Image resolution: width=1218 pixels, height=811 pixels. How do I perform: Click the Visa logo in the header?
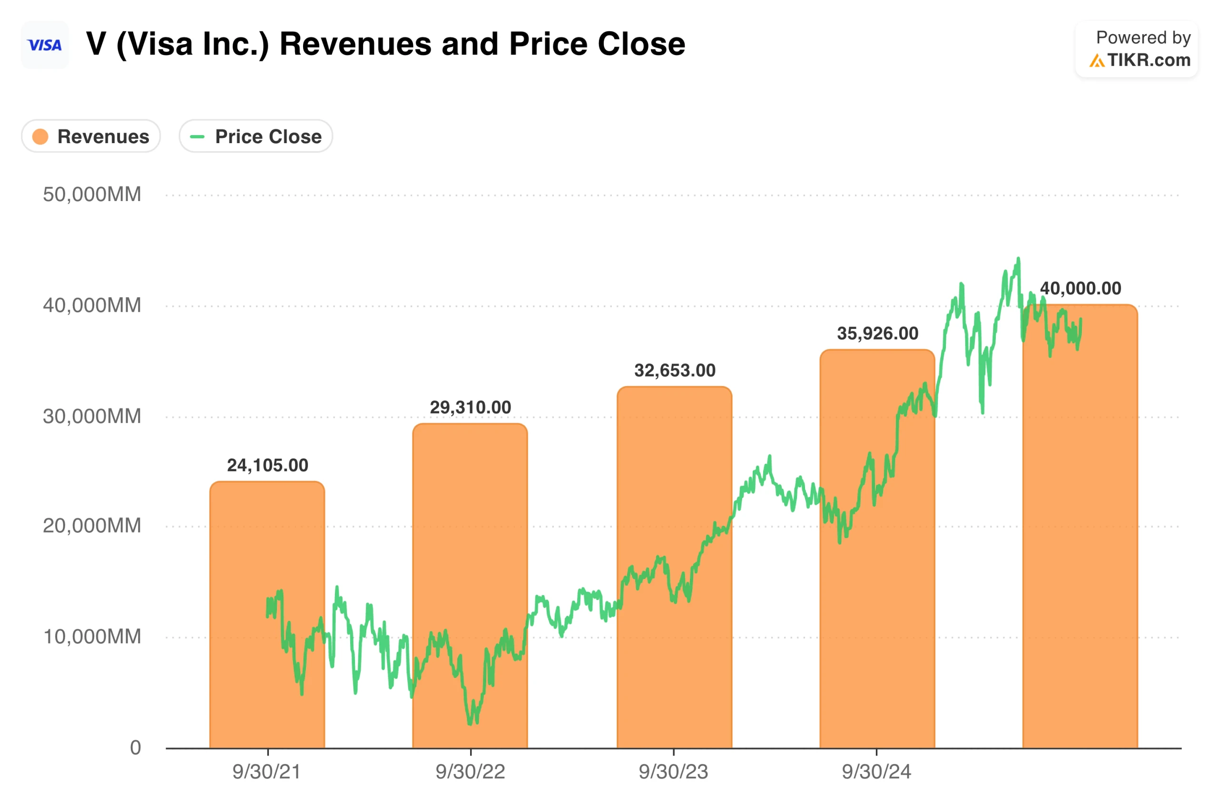coord(45,45)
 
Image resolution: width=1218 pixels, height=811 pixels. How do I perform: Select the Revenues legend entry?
coord(90,136)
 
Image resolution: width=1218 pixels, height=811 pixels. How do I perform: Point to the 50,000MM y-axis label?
coord(92,194)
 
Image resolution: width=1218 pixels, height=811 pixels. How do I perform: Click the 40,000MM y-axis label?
coord(92,305)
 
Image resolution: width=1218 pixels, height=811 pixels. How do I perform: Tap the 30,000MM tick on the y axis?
coord(92,416)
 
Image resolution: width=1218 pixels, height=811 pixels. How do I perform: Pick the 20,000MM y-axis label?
coord(92,525)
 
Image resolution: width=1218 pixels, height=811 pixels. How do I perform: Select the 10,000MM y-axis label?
coord(92,636)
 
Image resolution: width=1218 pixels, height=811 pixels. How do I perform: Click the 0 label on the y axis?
coord(135,747)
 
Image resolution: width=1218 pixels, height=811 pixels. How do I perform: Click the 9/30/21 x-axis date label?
coord(266,772)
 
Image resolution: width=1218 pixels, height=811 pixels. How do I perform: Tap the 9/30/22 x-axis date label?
coord(470,772)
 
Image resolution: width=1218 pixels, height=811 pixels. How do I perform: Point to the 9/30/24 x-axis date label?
coord(876,772)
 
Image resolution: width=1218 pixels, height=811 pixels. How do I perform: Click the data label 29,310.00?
coord(470,407)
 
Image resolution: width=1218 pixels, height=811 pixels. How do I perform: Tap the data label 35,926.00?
coord(877,334)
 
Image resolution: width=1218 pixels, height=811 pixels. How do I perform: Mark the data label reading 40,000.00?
coord(1080,289)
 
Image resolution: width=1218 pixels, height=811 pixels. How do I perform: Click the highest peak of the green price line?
coord(1018,259)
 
